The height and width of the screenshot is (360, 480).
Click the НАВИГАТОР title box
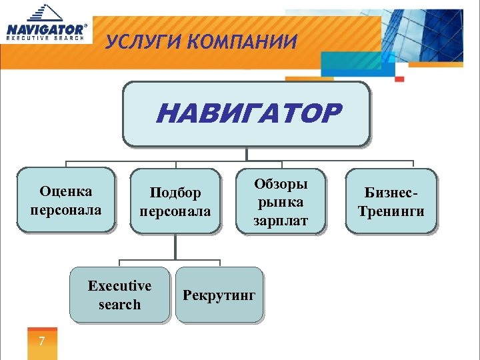[246, 113]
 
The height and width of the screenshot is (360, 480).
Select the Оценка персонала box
[66, 200]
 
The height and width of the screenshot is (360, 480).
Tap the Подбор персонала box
[175, 202]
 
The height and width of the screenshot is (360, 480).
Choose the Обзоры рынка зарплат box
[281, 202]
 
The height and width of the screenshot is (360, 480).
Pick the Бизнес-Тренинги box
[391, 202]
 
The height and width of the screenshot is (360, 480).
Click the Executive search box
[120, 295]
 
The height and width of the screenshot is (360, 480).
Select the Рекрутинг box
[219, 295]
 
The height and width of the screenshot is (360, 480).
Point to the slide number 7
[42, 342]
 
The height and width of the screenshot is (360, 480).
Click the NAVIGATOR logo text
[45, 29]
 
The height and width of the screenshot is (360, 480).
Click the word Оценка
[66, 192]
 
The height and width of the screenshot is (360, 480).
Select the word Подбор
[175, 193]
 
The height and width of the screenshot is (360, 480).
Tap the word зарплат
[281, 221]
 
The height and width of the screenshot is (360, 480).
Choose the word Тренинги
[391, 212]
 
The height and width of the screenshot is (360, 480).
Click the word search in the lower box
[120, 305]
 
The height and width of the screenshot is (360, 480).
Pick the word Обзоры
[281, 183]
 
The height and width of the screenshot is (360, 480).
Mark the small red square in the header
[399, 79]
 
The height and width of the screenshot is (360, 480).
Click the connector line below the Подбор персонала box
[175, 247]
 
